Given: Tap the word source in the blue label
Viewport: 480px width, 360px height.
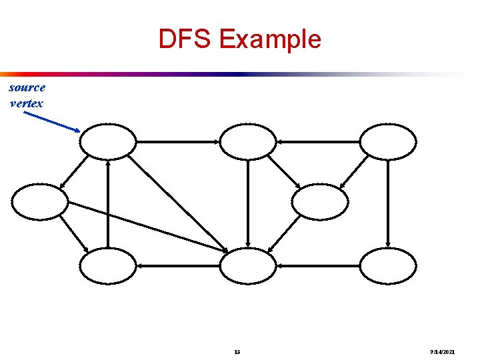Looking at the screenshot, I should (27, 87).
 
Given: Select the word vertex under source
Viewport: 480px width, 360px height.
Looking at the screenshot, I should (27, 103).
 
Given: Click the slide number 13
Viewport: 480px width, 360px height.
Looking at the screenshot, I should (238, 351).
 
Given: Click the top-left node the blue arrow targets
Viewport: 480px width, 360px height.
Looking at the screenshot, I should (108, 141).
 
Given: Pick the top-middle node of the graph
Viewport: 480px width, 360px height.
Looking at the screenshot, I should (248, 141).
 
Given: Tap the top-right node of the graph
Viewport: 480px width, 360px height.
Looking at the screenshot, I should (388, 141).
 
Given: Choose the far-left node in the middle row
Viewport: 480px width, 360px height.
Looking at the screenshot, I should (40, 202).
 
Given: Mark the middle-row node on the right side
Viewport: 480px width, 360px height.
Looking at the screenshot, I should (320, 202).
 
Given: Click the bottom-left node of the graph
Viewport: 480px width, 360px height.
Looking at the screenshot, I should (108, 265).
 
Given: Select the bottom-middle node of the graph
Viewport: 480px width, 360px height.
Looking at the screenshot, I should (248, 265).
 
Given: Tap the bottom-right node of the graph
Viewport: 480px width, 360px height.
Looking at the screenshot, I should (388, 265).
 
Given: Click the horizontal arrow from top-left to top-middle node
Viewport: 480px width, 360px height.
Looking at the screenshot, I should (178, 141).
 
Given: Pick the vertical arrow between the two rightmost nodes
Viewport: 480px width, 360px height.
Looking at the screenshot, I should (388, 203).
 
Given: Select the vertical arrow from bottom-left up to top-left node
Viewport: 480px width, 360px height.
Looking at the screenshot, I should (108, 203).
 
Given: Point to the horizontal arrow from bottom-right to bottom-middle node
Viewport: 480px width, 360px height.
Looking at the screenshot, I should (318, 265).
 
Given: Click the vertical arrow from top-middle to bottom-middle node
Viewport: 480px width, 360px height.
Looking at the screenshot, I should (248, 203).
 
